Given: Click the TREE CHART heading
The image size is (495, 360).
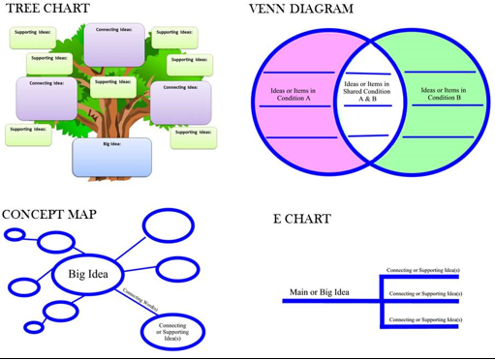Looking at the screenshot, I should (48, 9).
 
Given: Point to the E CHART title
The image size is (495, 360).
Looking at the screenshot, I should (301, 220).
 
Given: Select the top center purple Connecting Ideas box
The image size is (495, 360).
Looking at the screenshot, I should (114, 45).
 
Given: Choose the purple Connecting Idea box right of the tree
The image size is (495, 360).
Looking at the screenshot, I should (180, 103).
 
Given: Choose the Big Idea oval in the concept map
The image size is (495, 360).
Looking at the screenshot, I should (89, 275).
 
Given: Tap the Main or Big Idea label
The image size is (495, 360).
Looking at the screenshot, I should (319, 292).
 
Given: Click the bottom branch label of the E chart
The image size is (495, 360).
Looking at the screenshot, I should (421, 318).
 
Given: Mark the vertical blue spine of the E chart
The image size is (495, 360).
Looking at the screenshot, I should (378, 300).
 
